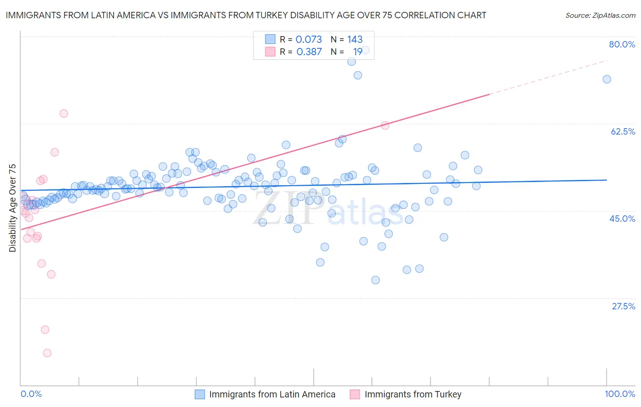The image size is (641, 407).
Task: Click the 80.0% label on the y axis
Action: [622, 44]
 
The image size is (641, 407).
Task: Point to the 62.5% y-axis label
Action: [623, 131]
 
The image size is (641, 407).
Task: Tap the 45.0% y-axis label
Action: [622, 219]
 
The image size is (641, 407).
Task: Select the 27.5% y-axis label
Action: [623, 306]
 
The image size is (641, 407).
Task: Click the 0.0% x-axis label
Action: [31, 394]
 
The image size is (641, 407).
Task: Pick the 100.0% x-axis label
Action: [620, 394]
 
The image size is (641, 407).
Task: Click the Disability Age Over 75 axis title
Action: [12, 208]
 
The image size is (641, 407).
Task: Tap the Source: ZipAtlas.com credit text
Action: [600, 15]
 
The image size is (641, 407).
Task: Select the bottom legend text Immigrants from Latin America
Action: [272, 394]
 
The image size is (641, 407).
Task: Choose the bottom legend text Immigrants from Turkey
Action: [413, 394]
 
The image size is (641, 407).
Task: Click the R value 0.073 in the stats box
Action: [309, 40]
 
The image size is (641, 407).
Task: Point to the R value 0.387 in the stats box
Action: [309, 52]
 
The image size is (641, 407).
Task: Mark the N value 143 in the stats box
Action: [355, 40]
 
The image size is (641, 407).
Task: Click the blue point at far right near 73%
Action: [607, 79]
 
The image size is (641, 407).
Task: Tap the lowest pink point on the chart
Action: [47, 353]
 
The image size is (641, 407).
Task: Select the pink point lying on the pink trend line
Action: [385, 125]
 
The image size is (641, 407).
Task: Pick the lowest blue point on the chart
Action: [375, 280]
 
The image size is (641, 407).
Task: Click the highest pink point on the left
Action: [64, 114]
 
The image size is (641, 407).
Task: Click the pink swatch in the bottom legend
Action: [355, 394]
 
